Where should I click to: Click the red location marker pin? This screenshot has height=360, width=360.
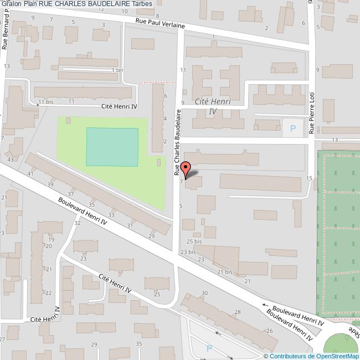(x=186, y=168)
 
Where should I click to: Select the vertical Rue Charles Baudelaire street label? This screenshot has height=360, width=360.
(x=178, y=142)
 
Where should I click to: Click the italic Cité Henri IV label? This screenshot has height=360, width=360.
(x=213, y=106)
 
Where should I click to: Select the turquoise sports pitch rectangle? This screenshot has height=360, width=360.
(x=112, y=147)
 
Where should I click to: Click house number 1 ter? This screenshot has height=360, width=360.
(x=117, y=70)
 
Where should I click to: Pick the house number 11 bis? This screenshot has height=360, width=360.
(x=45, y=102)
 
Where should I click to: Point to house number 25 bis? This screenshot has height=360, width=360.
(x=194, y=241)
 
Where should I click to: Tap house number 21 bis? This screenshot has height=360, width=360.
(x=224, y=272)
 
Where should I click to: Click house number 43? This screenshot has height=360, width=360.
(x=10, y=160)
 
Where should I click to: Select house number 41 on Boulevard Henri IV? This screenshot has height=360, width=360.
(x=31, y=174)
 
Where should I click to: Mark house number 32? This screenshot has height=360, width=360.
(x=78, y=223)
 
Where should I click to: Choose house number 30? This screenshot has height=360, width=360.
(x=204, y=293)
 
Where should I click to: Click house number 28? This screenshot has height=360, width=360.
(x=238, y=312)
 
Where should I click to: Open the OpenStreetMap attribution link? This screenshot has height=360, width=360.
(x=312, y=356)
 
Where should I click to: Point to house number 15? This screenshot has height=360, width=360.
(x=310, y=178)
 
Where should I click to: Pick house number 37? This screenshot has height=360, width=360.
(x=71, y=194)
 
